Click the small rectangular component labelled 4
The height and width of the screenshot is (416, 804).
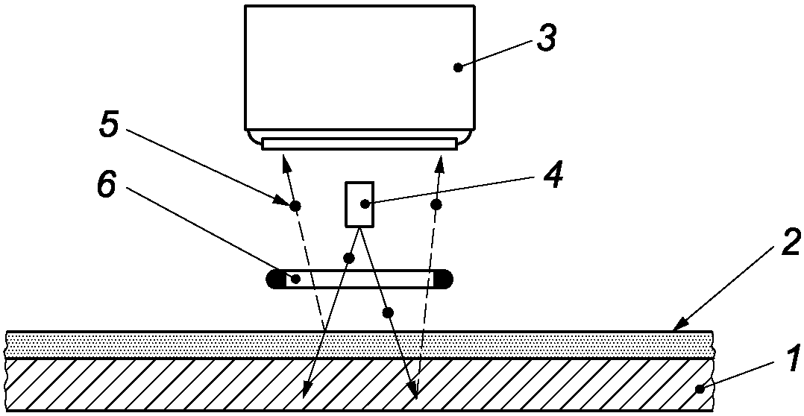359,204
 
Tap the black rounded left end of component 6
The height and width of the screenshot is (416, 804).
274,279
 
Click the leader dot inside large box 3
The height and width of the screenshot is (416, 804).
459,67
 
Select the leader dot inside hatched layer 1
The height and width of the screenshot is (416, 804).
700,388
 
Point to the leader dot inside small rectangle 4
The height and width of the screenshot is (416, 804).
364,203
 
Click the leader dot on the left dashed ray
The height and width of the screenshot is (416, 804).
295,205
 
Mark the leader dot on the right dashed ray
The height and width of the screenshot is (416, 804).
436,204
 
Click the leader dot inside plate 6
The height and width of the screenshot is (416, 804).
296,279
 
